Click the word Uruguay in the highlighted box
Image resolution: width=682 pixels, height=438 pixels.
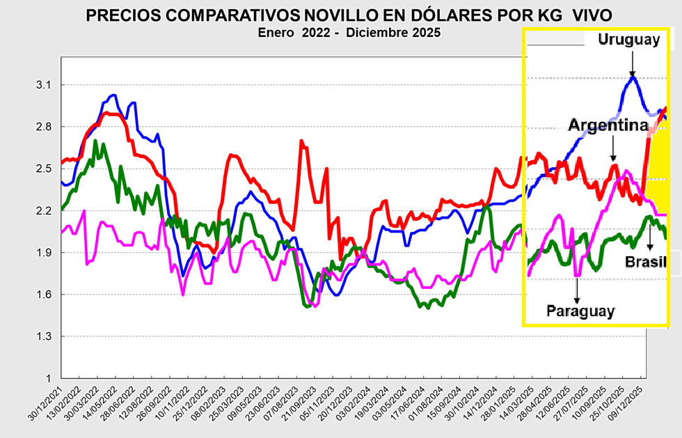pyautogui.click(x=628, y=40)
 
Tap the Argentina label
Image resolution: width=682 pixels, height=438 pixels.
pyautogui.click(x=608, y=125)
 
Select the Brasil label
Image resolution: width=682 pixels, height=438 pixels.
pyautogui.click(x=644, y=262)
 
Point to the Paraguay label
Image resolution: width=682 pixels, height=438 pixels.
pyautogui.click(x=580, y=311)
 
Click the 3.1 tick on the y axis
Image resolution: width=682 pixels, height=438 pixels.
pyautogui.click(x=44, y=85)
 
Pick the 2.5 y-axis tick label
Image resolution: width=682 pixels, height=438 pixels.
pyautogui.click(x=44, y=169)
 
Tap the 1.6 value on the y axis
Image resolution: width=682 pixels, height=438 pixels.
pyautogui.click(x=44, y=295)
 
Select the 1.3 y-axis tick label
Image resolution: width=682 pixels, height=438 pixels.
pyautogui.click(x=44, y=336)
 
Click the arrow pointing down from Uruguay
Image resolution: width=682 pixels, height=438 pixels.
pyautogui.click(x=632, y=63)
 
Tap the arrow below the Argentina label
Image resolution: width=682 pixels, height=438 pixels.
pyautogui.click(x=612, y=149)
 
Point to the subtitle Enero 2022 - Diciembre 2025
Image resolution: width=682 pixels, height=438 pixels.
pyautogui.click(x=348, y=33)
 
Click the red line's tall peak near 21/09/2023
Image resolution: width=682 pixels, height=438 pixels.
pyautogui.click(x=301, y=141)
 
